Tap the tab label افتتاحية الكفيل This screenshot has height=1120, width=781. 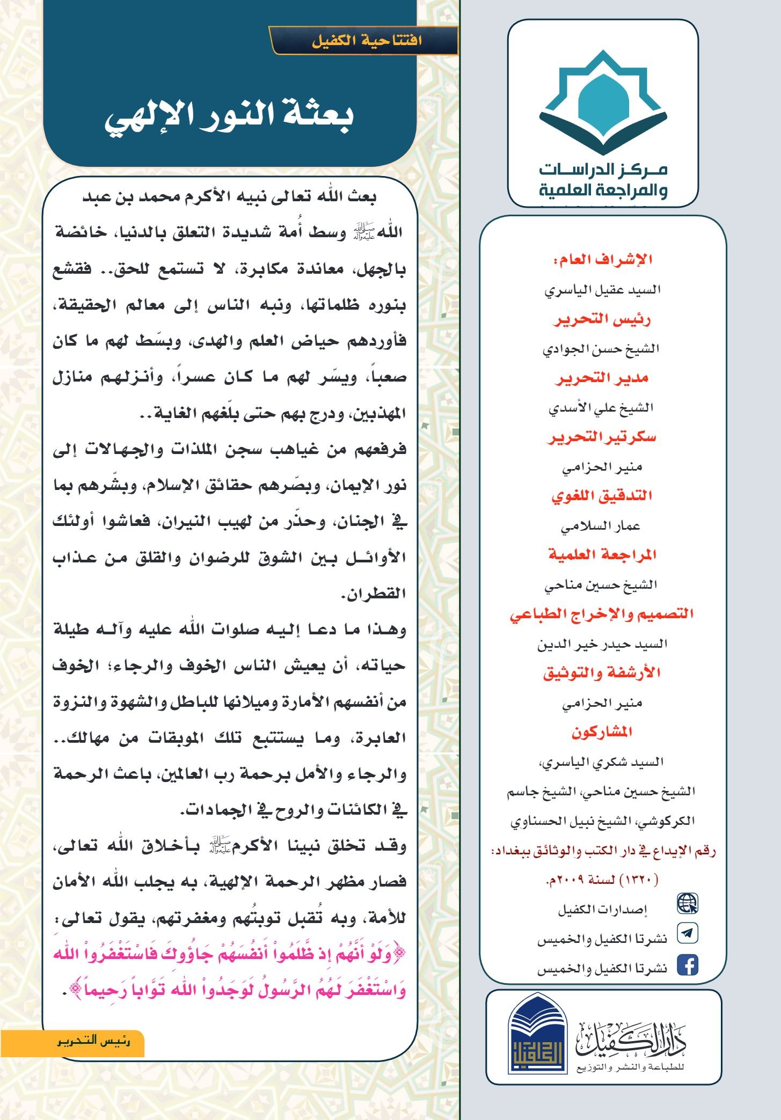coord(367,41)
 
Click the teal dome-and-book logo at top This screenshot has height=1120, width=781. coord(603,102)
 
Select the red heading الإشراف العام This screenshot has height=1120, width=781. coord(603,260)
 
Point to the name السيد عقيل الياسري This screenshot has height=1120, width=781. coord(602,290)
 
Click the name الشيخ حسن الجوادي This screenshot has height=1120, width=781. coord(601,349)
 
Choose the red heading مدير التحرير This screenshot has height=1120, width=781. coord(602,378)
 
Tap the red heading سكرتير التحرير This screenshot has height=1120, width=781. coord(602,437)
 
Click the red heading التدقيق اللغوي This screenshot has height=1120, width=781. coord(602,496)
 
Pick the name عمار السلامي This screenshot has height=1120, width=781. coord(601,526)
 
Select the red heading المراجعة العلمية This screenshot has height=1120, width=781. coord(602,555)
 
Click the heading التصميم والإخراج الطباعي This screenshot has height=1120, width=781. coord(602,614)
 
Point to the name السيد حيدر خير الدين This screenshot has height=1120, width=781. coord(602,643)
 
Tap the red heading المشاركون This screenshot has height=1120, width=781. coord(602,732)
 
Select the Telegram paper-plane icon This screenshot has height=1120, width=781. coord(688,933)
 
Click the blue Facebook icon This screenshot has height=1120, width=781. coord(688,964)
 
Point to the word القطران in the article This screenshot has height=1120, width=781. coord(373,594)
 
